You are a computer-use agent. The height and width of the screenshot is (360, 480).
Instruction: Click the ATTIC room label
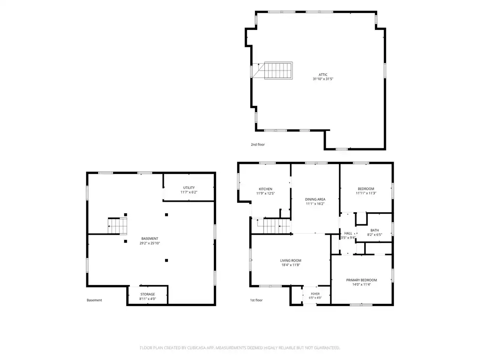(323, 75)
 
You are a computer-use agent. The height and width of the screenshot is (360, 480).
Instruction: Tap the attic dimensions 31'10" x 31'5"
(323, 79)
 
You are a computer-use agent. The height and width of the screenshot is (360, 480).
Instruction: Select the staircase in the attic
(278, 70)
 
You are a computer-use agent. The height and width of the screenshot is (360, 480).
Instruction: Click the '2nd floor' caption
(258, 144)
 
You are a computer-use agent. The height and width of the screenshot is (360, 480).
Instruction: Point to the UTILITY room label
(189, 188)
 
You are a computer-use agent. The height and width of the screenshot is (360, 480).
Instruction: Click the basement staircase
(117, 226)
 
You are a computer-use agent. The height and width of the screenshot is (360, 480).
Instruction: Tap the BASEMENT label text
(150, 239)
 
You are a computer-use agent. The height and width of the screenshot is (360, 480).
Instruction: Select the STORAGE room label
(148, 294)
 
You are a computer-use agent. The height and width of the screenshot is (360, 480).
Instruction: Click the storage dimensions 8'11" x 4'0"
(148, 299)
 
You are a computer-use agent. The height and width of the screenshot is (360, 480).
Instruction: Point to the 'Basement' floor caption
(94, 300)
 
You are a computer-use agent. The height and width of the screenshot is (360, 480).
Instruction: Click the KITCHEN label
(265, 189)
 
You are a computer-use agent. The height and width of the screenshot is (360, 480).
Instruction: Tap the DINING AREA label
(315, 199)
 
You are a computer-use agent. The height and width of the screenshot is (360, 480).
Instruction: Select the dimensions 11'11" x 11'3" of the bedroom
(366, 193)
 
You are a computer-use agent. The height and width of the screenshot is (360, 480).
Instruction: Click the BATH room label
(375, 230)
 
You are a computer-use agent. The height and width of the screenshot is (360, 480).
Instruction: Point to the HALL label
(348, 233)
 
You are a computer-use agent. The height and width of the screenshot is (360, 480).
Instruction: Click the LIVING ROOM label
(291, 261)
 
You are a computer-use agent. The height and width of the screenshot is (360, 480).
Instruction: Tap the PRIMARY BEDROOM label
(361, 280)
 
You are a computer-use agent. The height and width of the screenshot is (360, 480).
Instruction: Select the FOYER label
(315, 294)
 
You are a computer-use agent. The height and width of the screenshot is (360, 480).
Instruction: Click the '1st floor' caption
(256, 300)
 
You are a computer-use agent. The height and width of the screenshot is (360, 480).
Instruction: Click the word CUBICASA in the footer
(196, 348)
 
